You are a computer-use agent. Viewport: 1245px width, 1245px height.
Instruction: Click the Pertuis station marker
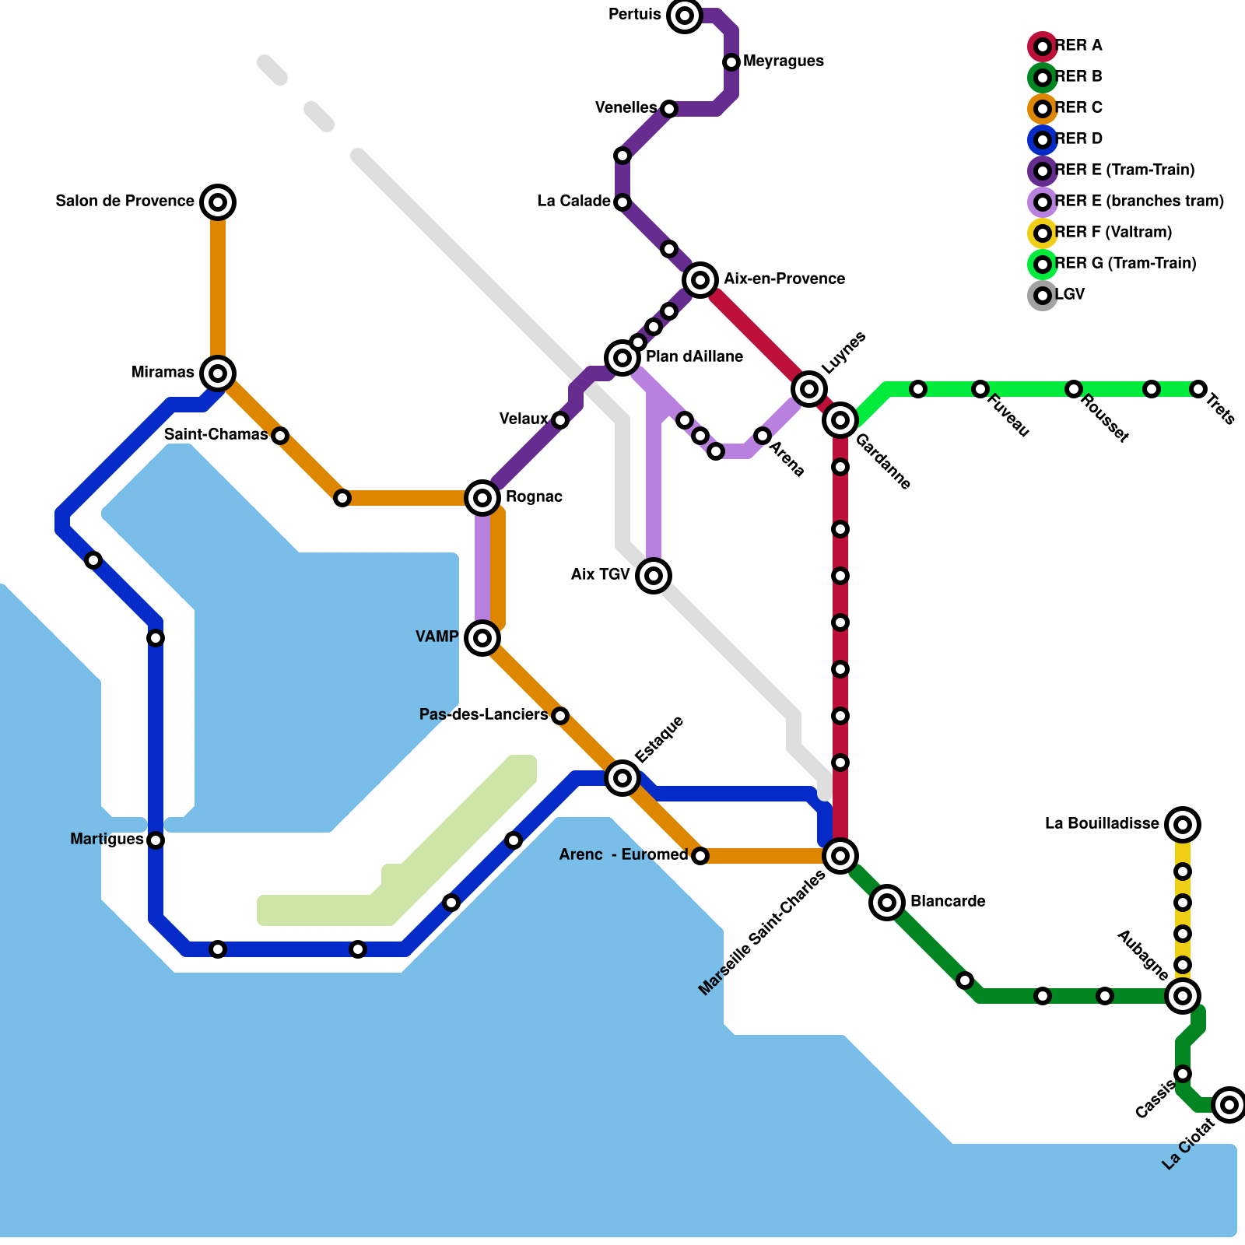pos(685,16)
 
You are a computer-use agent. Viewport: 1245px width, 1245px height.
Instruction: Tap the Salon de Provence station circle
pos(218,202)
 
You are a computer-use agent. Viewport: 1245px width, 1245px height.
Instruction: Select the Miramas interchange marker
pos(218,373)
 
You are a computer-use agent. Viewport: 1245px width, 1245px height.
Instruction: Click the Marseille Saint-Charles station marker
pos(840,856)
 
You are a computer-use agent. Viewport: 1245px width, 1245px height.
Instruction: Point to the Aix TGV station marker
pos(654,576)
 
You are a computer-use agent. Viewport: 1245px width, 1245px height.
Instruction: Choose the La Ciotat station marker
pos(1229,1105)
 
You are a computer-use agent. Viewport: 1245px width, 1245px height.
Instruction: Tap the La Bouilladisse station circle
pos(1183,825)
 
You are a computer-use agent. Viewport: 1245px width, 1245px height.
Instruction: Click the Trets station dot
pos(1198,389)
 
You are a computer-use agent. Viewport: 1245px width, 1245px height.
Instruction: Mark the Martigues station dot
pos(156,840)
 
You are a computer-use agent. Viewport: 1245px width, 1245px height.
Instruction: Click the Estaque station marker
pos(622,778)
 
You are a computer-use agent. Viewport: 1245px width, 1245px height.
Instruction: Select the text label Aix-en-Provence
pos(784,279)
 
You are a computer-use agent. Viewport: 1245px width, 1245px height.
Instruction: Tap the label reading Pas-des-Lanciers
pos(483,715)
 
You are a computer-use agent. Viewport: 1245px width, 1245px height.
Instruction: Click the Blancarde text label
pos(948,902)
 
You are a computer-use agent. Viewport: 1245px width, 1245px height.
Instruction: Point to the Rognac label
pos(534,497)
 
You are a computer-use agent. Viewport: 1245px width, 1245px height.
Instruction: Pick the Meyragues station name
pos(783,61)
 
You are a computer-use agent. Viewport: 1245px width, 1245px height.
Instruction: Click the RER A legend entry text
pos(1078,46)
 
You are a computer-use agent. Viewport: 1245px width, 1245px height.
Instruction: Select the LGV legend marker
pos(1043,296)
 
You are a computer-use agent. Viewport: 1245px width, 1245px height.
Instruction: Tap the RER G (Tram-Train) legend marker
pos(1043,265)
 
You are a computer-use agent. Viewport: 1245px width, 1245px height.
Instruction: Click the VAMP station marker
pos(482,638)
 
